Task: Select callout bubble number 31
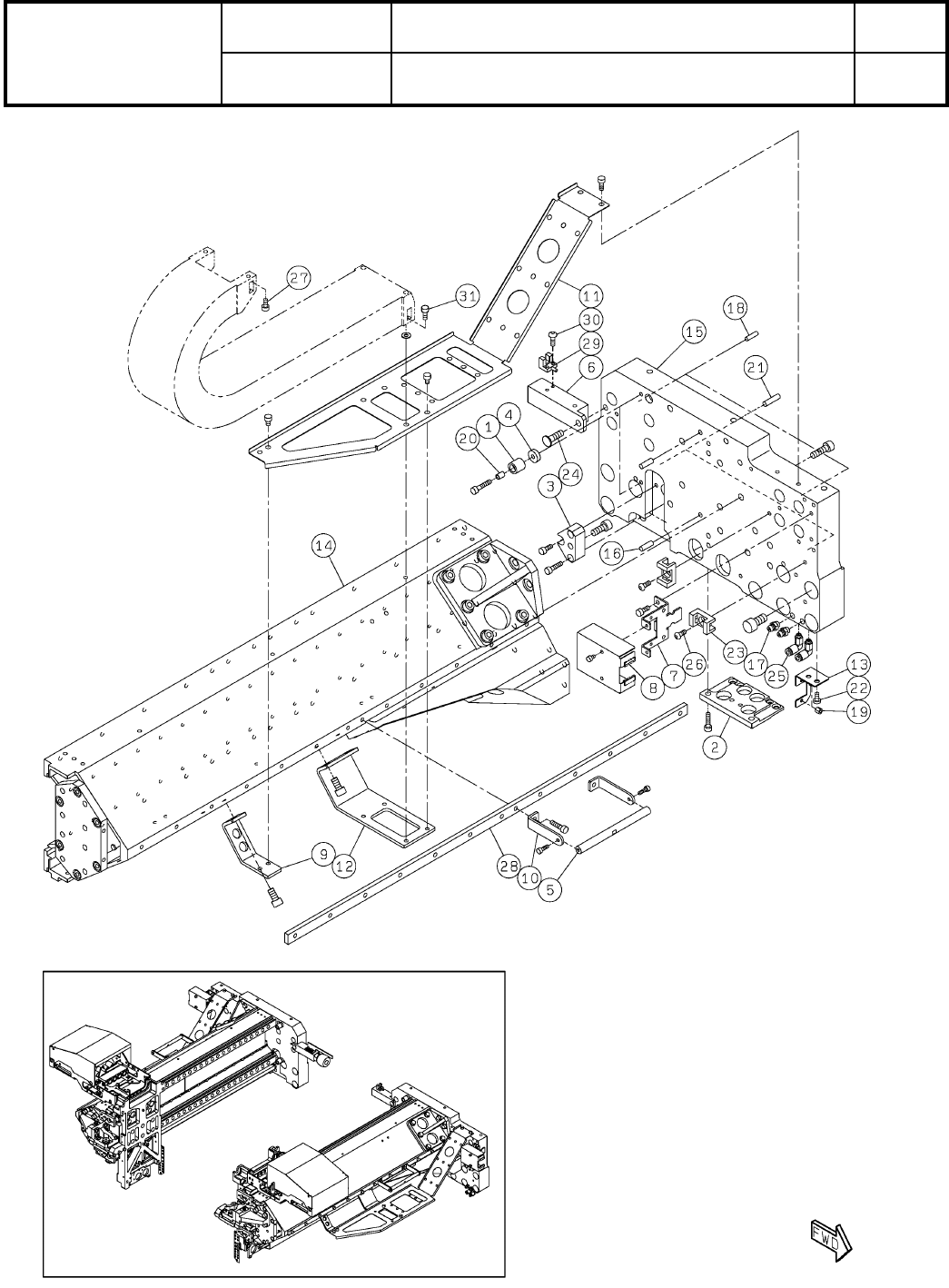tap(467, 296)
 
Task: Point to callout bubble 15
tap(694, 333)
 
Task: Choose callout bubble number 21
tap(756, 367)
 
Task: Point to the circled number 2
tap(717, 748)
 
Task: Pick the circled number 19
tap(858, 713)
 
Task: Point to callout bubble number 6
tap(590, 368)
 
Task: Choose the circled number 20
tap(468, 438)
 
